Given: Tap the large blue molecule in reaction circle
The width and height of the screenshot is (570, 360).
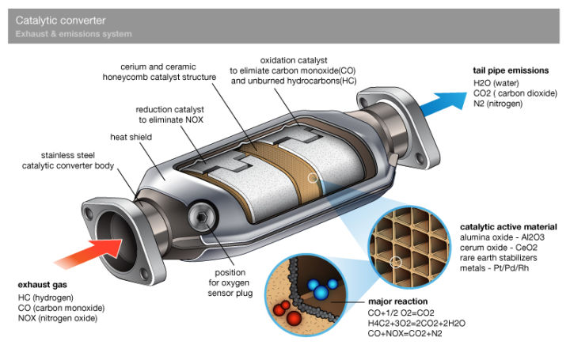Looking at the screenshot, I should [x=321, y=293].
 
